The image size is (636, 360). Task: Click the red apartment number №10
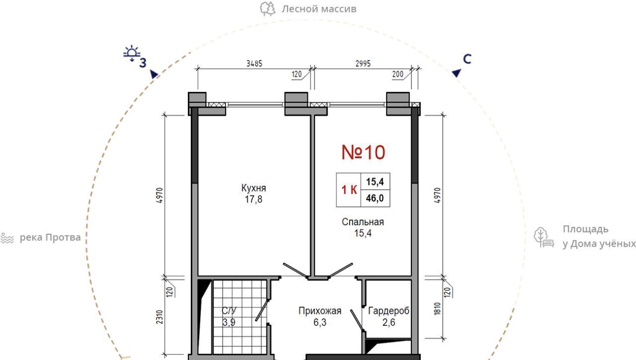[363, 152]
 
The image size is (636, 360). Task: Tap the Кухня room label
[253, 188]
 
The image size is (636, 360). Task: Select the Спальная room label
[363, 222]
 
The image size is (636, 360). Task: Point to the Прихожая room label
[319, 311]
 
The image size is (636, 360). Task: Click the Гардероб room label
[389, 311]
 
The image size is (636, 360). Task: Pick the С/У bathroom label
[229, 311]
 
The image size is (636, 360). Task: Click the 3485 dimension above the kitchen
[254, 64]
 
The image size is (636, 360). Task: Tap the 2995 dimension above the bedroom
[363, 64]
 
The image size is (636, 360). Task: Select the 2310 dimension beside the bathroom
[160, 317]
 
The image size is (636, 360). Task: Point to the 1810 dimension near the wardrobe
[437, 309]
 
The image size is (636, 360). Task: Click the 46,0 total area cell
[375, 198]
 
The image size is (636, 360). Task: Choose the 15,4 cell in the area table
[375, 182]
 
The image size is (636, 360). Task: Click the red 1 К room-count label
[349, 190]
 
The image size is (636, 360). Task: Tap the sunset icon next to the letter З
[132, 53]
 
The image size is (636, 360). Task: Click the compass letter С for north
[467, 59]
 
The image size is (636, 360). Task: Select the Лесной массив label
[319, 9]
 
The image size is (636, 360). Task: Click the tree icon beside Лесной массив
[267, 9]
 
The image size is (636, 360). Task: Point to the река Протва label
[50, 237]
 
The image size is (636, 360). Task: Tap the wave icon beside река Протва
[7, 238]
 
